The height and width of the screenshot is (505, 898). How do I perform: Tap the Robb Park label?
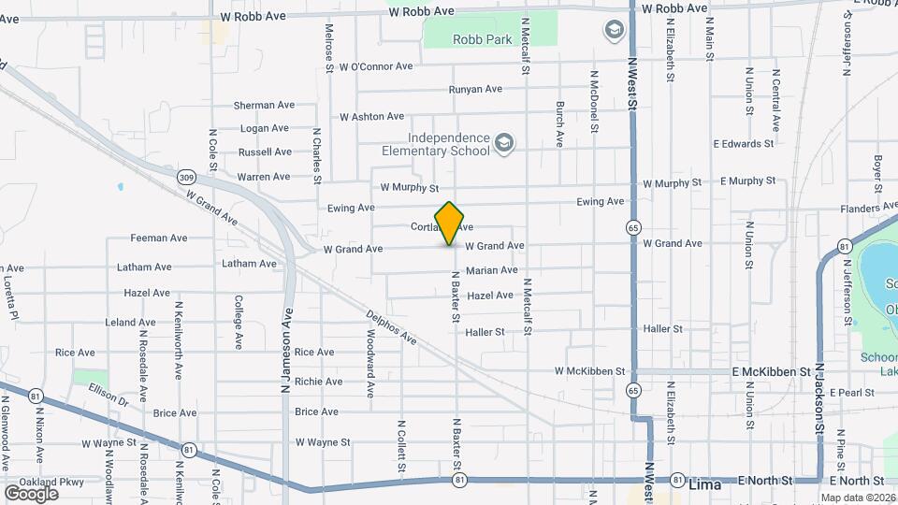482,40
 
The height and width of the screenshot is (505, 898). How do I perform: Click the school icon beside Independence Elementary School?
504,143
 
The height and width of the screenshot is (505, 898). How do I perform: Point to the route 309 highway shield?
186,177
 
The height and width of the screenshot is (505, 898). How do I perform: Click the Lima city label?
704,485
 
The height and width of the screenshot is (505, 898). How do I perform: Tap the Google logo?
31,493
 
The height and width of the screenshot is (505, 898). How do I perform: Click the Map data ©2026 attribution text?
857,498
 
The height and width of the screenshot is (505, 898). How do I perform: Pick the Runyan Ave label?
475,90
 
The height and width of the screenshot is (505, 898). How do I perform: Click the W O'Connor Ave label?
376,66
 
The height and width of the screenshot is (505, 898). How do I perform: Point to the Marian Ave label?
491,270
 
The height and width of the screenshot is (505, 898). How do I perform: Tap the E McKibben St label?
771,371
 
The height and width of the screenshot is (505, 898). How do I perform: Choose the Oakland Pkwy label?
44,483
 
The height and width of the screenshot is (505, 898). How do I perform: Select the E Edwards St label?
743,144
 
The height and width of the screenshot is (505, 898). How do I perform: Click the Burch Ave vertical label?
559,124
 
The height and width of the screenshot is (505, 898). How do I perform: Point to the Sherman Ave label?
262,106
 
